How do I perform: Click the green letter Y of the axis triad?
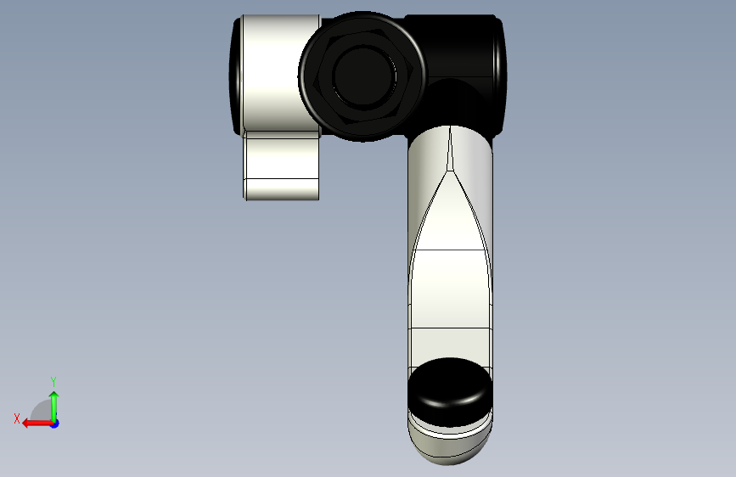[53, 381]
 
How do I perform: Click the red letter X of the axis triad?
[17, 418]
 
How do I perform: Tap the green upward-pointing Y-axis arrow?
[54, 407]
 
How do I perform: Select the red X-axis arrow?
[37, 424]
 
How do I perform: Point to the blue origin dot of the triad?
[55, 424]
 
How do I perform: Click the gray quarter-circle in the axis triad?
[42, 412]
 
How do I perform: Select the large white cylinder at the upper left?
[281, 73]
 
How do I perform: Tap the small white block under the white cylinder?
[282, 166]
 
